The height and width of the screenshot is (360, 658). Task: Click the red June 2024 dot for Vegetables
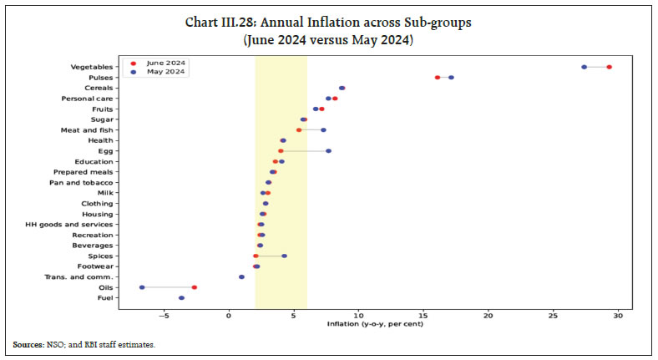pos(610,67)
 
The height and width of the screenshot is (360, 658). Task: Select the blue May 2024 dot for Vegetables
pos(584,67)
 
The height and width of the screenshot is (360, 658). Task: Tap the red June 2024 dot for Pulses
pos(438,78)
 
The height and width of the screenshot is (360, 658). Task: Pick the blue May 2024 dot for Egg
pos(328,151)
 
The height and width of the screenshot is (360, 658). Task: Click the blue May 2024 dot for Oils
pos(142,287)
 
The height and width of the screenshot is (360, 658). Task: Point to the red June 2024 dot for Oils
pos(194,287)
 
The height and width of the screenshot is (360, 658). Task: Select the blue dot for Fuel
pos(181,297)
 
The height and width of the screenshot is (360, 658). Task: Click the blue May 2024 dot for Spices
pos(284,256)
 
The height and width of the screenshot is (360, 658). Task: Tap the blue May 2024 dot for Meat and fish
pos(323,130)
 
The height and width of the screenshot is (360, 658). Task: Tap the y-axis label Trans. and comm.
pos(85,276)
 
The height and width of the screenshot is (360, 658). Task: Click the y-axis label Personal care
pos(92,99)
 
